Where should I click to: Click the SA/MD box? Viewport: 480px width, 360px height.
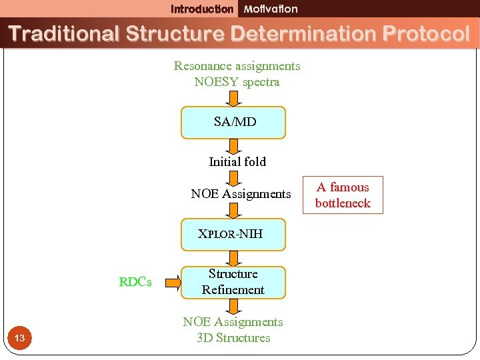(x=233, y=122)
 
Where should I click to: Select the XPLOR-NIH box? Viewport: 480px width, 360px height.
(x=233, y=234)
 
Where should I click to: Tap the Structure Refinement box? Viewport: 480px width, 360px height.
(x=233, y=282)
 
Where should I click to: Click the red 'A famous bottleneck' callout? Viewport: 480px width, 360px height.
(x=343, y=195)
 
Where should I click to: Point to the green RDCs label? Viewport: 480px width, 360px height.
(x=135, y=282)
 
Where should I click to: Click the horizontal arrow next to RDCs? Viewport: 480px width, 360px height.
(x=172, y=282)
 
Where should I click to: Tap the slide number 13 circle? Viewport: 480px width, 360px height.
(x=19, y=339)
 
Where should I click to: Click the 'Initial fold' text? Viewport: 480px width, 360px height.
(x=237, y=161)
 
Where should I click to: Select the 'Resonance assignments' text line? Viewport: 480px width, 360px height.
(x=237, y=66)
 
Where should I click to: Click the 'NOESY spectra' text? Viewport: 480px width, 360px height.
(x=237, y=82)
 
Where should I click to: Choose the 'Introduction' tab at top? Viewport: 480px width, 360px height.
(x=202, y=9)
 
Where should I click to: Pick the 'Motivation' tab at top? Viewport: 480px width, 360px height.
(x=271, y=9)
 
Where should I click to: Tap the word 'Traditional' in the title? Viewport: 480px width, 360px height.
(x=63, y=33)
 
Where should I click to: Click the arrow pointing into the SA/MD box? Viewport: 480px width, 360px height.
(x=233, y=98)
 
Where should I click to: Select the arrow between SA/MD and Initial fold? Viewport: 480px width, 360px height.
(x=233, y=146)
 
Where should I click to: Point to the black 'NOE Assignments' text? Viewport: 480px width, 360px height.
(x=241, y=194)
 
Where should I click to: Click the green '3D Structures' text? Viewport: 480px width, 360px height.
(x=233, y=338)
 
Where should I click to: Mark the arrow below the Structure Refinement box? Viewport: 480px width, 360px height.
(x=233, y=306)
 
